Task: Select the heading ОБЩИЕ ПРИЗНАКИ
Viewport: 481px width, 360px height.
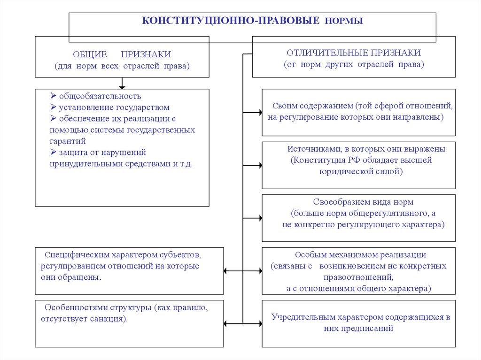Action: pyautogui.click(x=122, y=54)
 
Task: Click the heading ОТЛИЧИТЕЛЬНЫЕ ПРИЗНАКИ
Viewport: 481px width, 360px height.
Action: pyautogui.click(x=354, y=53)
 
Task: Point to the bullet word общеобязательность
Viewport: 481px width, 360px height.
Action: pyautogui.click(x=100, y=96)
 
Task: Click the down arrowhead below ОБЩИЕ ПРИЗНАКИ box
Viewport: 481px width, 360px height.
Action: pyautogui.click(x=122, y=86)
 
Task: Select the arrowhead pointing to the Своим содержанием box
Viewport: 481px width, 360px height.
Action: pyautogui.click(x=259, y=113)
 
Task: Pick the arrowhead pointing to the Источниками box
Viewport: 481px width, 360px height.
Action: pyautogui.click(x=259, y=166)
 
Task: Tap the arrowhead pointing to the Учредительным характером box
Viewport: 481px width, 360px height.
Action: pyautogui.click(x=259, y=323)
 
